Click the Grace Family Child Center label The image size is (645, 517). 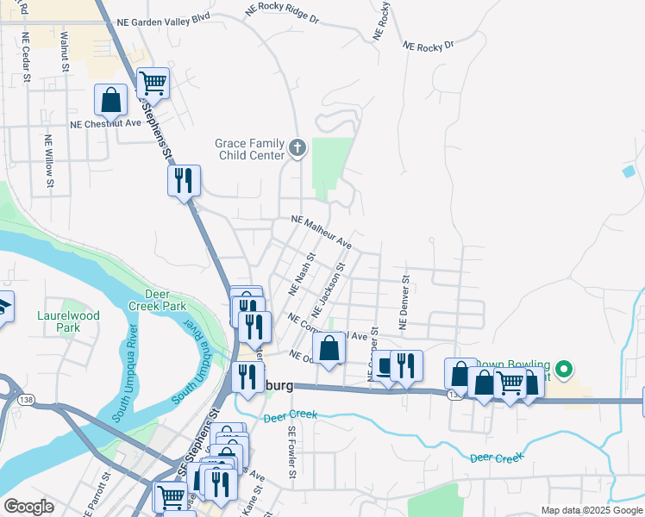[x=249, y=149]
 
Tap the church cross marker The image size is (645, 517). [x=297, y=148]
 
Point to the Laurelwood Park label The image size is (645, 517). [x=68, y=321]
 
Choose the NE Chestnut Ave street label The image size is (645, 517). [x=105, y=123]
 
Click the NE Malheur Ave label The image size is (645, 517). [x=322, y=232]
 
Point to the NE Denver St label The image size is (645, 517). [x=403, y=302]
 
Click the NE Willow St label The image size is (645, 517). [x=49, y=159]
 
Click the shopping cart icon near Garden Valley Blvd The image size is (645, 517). [x=153, y=84]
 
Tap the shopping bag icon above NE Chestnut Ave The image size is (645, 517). [x=111, y=101]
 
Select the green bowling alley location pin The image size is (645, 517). [x=565, y=371]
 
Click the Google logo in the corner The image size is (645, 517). [x=28, y=508]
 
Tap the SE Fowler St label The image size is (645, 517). [x=292, y=452]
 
